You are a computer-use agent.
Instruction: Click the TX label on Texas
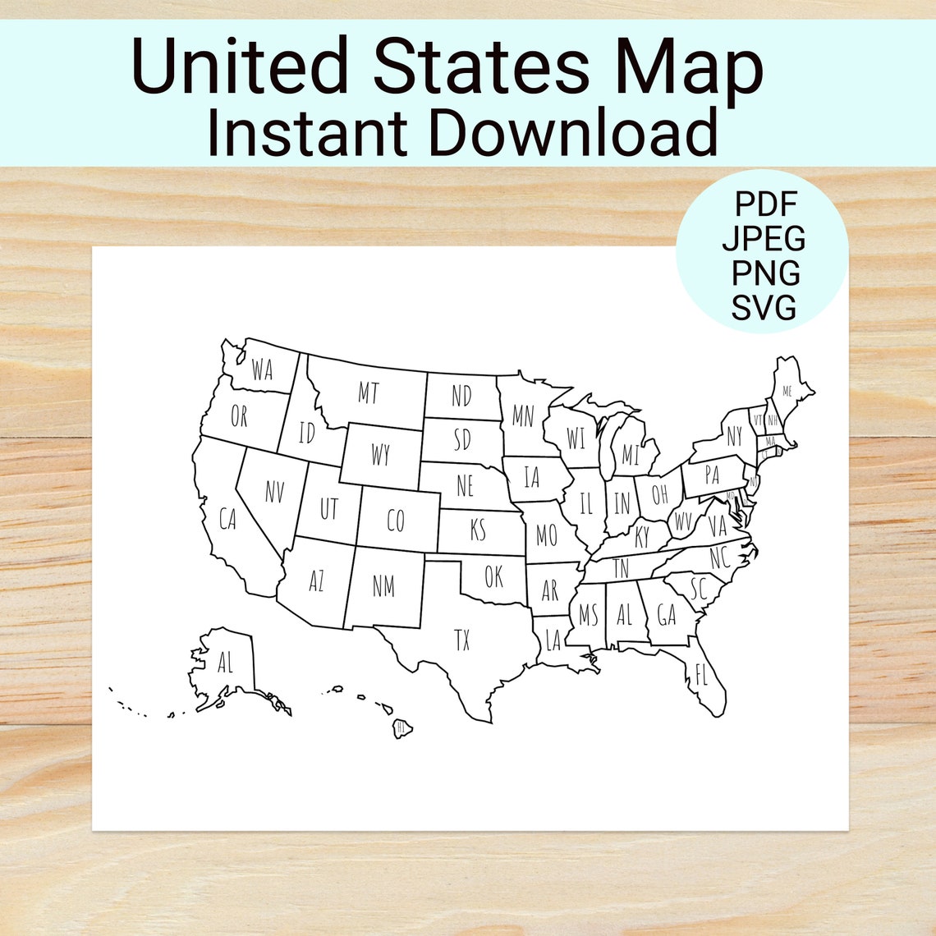pyautogui.click(x=462, y=640)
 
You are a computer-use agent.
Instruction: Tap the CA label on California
pyautogui.click(x=227, y=519)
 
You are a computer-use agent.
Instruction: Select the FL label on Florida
pyautogui.click(x=700, y=677)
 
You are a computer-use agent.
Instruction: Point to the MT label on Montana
pyautogui.click(x=369, y=393)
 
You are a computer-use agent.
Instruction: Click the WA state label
pyautogui.click(x=262, y=370)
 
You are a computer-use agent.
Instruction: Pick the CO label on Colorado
pyautogui.click(x=396, y=521)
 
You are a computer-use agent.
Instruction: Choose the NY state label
pyautogui.click(x=733, y=436)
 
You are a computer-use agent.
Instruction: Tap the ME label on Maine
pyautogui.click(x=787, y=391)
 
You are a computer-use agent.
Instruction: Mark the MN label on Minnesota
pyautogui.click(x=523, y=416)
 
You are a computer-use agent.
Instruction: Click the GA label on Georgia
pyautogui.click(x=666, y=614)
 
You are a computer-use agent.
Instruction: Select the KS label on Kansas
pyautogui.click(x=478, y=530)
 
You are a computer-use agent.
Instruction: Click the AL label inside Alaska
pyautogui.click(x=225, y=662)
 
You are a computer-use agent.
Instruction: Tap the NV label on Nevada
pyautogui.click(x=274, y=492)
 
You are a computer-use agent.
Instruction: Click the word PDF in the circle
pyautogui.click(x=765, y=203)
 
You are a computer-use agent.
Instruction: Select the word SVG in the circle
pyautogui.click(x=764, y=308)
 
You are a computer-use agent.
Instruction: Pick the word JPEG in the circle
pyautogui.click(x=764, y=238)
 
